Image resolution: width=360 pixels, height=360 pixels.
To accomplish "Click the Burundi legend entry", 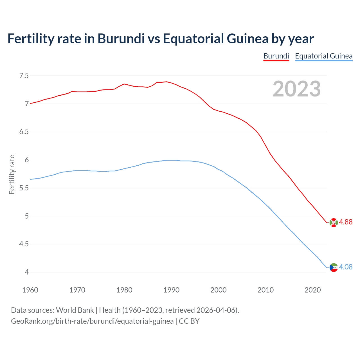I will click(276, 56).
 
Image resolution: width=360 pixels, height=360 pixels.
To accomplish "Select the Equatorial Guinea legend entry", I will click(324, 56).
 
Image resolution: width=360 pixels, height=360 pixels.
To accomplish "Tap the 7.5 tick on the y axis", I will click(24, 76).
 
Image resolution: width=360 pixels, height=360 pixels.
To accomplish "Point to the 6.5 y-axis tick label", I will click(24, 132).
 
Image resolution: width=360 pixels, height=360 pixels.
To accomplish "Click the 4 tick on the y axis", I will click(27, 272).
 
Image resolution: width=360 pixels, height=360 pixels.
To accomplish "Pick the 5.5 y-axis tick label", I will click(24, 188).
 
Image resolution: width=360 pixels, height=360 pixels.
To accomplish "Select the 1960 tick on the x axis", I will click(30, 290).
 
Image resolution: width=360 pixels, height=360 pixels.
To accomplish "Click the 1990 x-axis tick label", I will click(171, 290).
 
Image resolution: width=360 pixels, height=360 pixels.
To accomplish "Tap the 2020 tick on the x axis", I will click(312, 290).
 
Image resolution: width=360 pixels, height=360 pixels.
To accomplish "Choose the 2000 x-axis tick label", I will click(218, 290).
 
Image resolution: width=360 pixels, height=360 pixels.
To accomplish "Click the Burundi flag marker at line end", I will click(333, 222).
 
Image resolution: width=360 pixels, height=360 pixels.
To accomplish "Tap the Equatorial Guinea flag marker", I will click(333, 267).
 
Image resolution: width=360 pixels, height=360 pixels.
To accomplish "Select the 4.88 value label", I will click(346, 222).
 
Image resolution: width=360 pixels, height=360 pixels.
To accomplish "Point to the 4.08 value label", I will click(346, 267).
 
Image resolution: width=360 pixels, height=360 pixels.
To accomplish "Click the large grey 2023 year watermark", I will click(296, 89).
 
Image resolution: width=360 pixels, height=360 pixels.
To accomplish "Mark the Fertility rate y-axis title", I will click(12, 174).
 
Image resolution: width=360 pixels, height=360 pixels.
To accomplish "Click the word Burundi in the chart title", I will click(121, 39).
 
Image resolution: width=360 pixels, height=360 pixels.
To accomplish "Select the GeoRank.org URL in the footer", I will click(92, 321).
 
